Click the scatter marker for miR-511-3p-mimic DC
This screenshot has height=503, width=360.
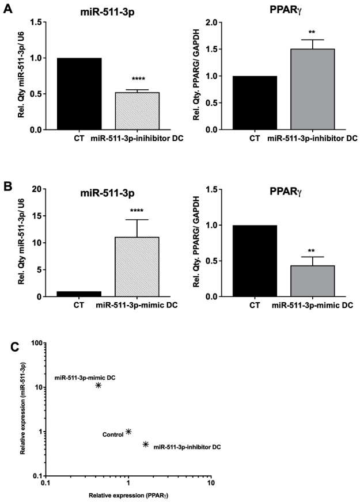pyautogui.click(x=98, y=385)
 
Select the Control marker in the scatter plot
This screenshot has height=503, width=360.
pyautogui.click(x=128, y=432)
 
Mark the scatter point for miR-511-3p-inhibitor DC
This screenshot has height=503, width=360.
pyautogui.click(x=146, y=444)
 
